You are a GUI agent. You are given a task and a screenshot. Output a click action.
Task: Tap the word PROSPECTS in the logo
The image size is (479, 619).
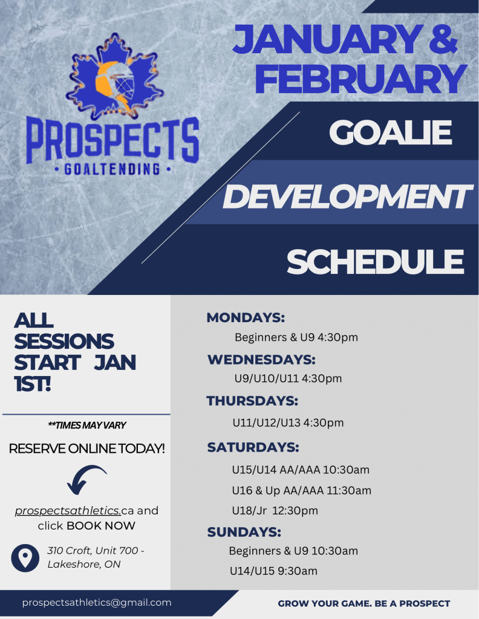click(x=112, y=140)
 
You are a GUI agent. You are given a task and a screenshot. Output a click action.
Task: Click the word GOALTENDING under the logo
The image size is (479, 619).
click(x=112, y=169)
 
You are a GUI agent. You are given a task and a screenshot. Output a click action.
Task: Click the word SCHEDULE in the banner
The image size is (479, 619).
click(x=375, y=261)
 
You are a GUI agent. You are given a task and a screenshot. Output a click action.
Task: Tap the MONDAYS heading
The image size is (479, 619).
click(x=246, y=317)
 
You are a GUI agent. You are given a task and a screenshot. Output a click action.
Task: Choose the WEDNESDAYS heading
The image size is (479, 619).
click(x=261, y=359)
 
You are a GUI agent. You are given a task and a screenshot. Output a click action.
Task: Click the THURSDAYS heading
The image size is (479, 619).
click(x=252, y=401)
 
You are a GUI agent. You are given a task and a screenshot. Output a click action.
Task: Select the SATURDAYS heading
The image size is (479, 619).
click(x=253, y=447)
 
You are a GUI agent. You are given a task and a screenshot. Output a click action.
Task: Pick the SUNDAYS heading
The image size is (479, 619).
click(x=244, y=532)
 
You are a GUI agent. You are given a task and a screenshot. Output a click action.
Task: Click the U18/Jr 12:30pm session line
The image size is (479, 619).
click(x=275, y=510)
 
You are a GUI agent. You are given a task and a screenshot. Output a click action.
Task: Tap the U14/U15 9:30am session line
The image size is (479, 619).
click(x=273, y=571)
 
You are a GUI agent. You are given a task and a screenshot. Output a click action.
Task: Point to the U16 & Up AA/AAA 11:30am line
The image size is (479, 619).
click(x=302, y=490)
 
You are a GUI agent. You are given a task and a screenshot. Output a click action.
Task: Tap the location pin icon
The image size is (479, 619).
click(x=25, y=558)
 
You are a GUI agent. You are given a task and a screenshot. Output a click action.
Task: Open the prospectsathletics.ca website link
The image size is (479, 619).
click(x=74, y=510)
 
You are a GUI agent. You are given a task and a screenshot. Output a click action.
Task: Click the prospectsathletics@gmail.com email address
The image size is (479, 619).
click(x=97, y=603)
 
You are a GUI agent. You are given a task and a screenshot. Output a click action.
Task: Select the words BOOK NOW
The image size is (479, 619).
click(x=101, y=526)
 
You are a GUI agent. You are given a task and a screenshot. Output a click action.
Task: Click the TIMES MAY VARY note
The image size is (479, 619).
click(x=87, y=425)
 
